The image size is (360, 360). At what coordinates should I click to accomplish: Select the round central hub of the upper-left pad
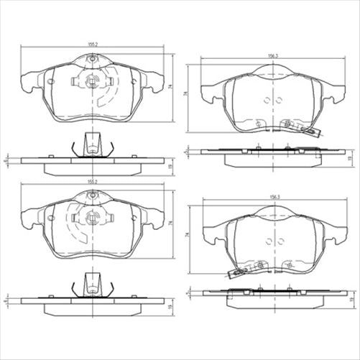(x=93, y=81)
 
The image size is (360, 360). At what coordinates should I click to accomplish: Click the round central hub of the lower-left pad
(x=93, y=218)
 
